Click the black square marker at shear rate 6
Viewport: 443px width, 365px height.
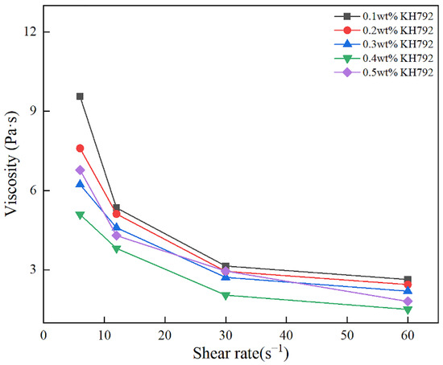(80, 96)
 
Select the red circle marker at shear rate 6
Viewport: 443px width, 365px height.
(80, 148)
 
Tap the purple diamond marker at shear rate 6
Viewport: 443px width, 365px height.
(80, 170)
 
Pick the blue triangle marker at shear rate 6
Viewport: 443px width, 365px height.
(80, 184)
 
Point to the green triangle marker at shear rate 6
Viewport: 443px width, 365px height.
(80, 215)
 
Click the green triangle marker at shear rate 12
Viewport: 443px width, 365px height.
(117, 249)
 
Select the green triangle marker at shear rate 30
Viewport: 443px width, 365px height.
(226, 296)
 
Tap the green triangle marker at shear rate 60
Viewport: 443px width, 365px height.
(408, 310)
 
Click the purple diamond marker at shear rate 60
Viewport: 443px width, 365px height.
(408, 301)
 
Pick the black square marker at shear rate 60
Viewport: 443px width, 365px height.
(408, 280)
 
